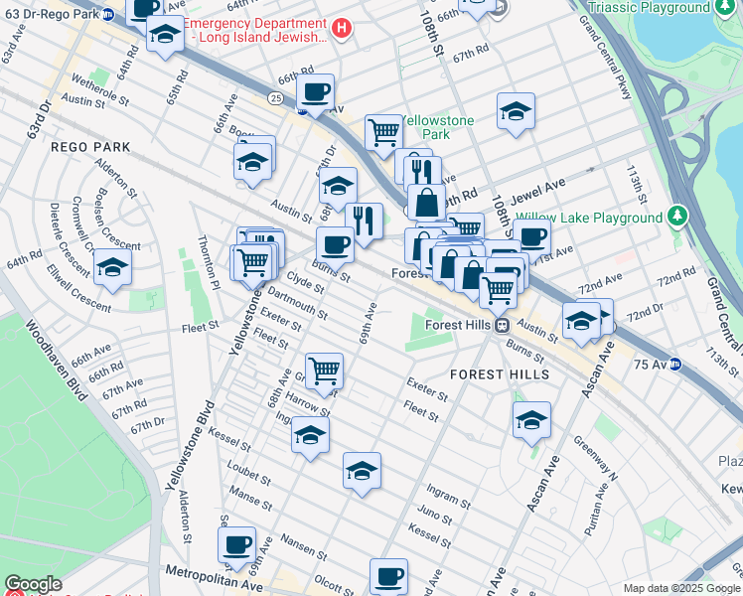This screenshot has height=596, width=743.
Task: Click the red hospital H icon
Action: [342, 28]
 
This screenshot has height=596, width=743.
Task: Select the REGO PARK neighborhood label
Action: [90, 146]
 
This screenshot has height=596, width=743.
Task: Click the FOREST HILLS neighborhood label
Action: [499, 374]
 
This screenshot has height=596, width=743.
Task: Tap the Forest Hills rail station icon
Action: [503, 325]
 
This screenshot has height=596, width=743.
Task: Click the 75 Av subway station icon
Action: [676, 364]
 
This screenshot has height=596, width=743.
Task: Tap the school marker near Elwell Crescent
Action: [112, 266]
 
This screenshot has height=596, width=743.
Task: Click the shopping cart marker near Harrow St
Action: [324, 371]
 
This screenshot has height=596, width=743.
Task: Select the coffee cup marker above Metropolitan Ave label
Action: [236, 544]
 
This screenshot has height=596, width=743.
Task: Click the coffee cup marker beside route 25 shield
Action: [315, 91]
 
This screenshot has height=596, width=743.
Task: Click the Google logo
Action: [32, 585]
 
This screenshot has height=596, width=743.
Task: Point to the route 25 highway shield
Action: [275, 97]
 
